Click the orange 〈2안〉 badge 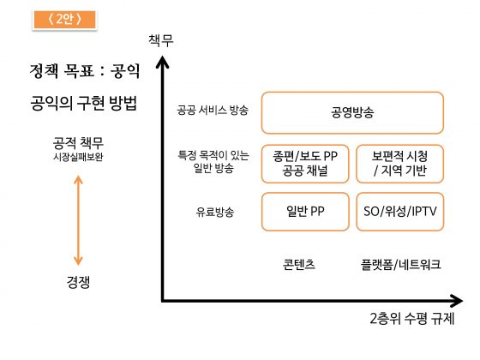coord(64,20)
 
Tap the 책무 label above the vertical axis coord(161,40)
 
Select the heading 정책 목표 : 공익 coord(85,71)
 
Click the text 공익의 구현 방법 coord(83,103)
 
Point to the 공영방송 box coord(352,112)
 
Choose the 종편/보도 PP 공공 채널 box coord(305,164)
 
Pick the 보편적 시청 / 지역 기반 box coord(400,164)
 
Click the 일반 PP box coord(305,212)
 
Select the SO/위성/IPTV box coord(400,212)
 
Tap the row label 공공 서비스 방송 coord(213,111)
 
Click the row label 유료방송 coord(215,212)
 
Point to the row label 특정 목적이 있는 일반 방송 coord(213,161)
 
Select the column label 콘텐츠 coord(299,264)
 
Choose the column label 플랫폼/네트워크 coord(401,264)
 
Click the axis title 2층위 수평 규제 coord(412,318)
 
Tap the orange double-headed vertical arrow coord(78,220)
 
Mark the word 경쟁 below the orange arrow coord(78,282)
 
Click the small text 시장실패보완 coord(78,157)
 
